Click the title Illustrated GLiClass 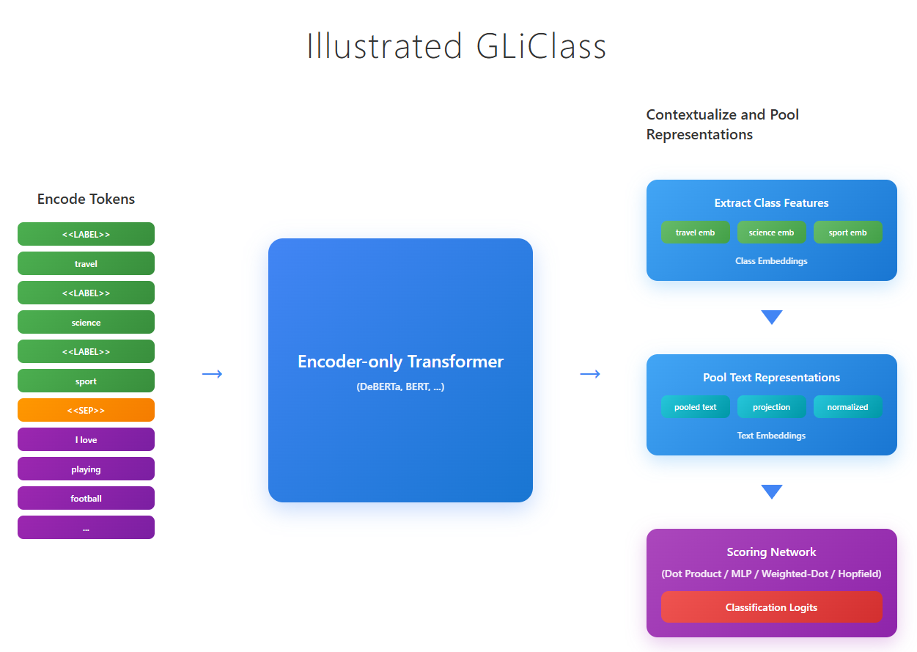(457, 46)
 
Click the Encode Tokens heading (86, 199)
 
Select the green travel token (86, 264)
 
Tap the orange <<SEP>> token (86, 411)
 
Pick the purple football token (86, 499)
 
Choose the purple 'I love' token (86, 440)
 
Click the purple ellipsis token (86, 528)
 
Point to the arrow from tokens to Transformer (212, 374)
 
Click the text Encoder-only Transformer (400, 362)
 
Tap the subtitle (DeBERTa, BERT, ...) (400, 387)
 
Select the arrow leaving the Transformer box (590, 374)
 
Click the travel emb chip (695, 232)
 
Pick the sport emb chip (847, 232)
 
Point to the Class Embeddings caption (771, 261)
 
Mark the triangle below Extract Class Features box (772, 317)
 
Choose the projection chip (771, 407)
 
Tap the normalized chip (847, 407)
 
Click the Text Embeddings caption (771, 436)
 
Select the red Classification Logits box (771, 607)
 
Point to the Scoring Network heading (771, 552)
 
